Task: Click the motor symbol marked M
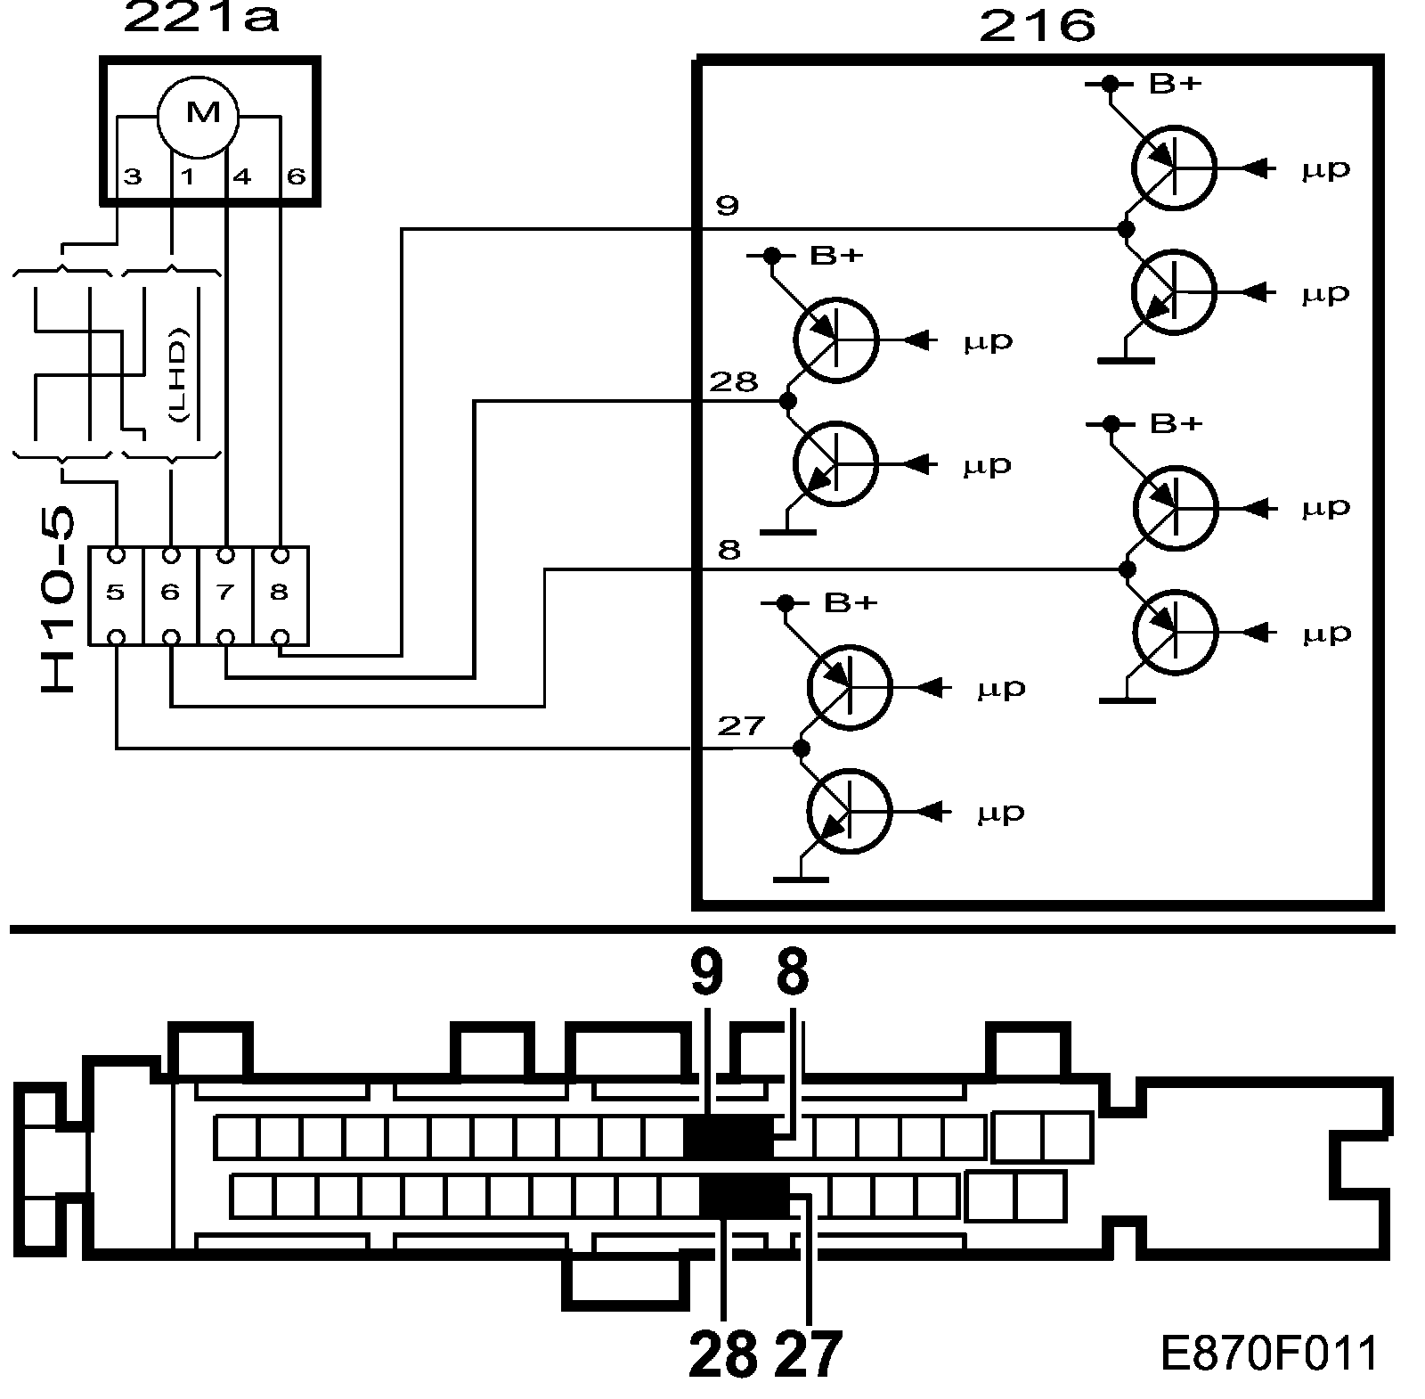(x=198, y=114)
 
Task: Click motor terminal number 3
(x=133, y=176)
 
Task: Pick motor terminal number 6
(x=296, y=176)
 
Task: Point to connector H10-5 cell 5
(x=115, y=593)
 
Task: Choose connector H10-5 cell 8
(x=280, y=593)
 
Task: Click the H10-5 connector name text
(x=60, y=601)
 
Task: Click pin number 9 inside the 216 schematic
(x=727, y=206)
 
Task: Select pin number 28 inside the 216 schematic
(x=733, y=382)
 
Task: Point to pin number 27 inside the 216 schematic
(x=741, y=726)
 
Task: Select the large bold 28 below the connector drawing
(x=722, y=1355)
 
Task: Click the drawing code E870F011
(x=1269, y=1354)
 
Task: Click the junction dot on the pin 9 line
(x=1126, y=229)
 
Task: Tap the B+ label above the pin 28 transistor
(x=836, y=256)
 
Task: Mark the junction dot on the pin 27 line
(x=802, y=748)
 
